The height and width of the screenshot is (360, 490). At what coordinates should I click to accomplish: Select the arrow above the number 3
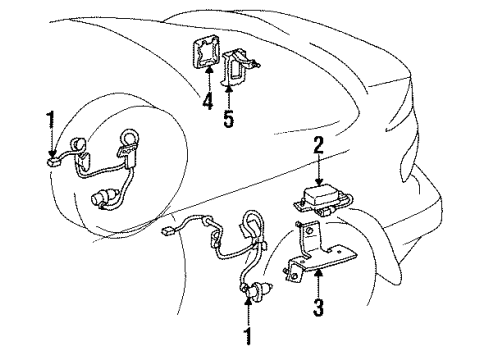318,280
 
